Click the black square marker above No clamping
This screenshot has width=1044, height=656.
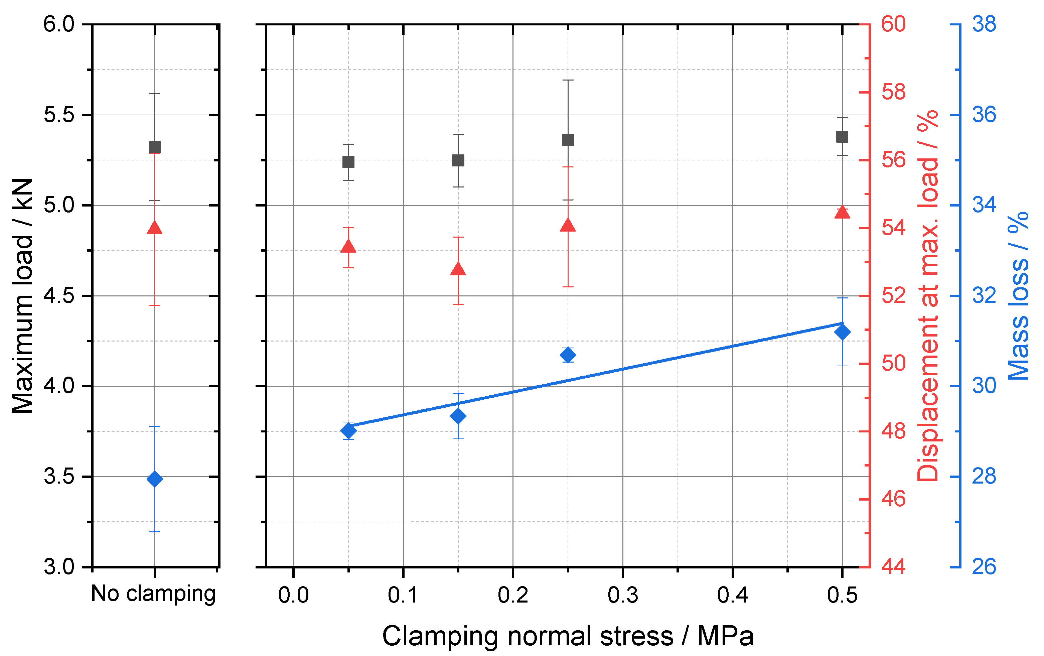tap(155, 147)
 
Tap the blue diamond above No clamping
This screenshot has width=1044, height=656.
tap(155, 479)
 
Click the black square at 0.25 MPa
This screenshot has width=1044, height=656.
tap(568, 140)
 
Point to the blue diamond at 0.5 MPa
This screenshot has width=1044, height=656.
tap(842, 333)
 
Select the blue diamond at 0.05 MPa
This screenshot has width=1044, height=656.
tap(348, 431)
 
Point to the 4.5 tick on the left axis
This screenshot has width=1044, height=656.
tap(59, 296)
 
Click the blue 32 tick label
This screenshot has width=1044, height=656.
tap(984, 296)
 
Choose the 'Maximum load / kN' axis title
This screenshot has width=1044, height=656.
tap(22, 296)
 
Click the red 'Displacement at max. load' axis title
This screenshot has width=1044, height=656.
tap(928, 296)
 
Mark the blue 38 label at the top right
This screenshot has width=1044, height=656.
tap(984, 24)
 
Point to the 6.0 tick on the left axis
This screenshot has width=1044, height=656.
tap(59, 24)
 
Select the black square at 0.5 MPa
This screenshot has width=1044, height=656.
tap(842, 137)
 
